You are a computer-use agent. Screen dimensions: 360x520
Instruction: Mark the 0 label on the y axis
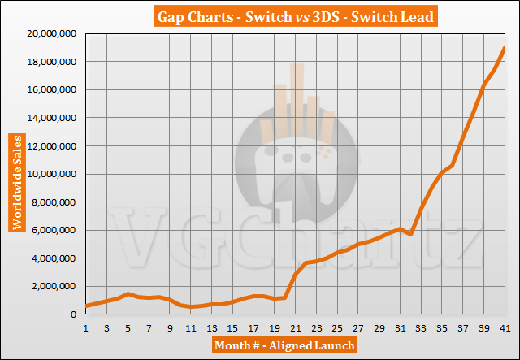[x=75, y=314]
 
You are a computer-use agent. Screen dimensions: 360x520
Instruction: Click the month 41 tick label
[x=505, y=327]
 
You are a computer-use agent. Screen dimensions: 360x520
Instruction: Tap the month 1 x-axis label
[x=85, y=327]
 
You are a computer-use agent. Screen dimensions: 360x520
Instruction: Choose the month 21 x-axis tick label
[x=295, y=327]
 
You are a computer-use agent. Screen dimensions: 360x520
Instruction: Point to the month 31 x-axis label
[x=400, y=327]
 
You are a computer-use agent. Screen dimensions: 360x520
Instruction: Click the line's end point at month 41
[x=505, y=48]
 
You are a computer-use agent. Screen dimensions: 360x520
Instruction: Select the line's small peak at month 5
[x=128, y=293]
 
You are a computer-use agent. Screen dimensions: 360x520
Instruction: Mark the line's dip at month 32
[x=410, y=234]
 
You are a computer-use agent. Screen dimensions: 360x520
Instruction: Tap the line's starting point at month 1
[x=85, y=306]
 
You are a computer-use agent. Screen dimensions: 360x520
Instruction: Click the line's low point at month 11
[x=190, y=306]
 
